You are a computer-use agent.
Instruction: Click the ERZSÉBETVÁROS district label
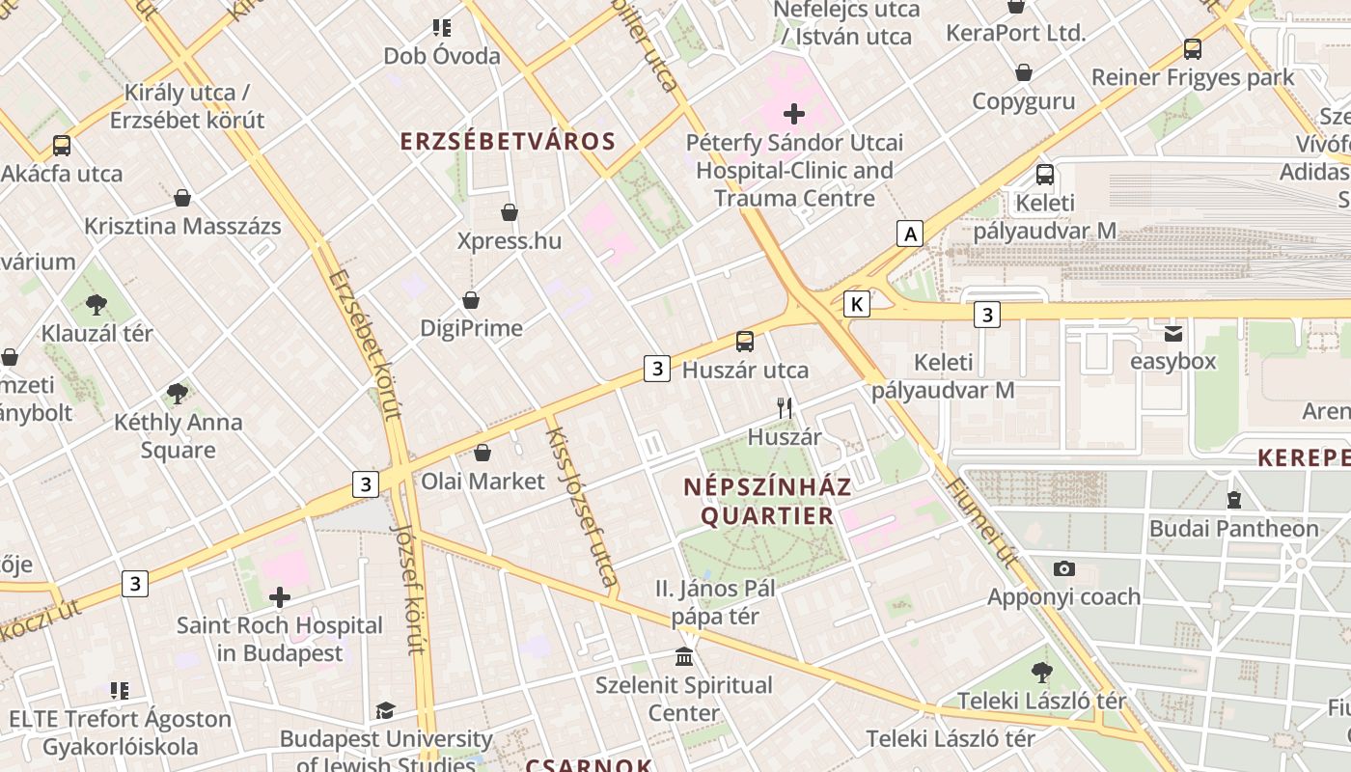[x=508, y=141]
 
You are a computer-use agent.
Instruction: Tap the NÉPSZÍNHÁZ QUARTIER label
[x=767, y=500]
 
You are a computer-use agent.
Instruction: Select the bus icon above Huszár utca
[x=745, y=341]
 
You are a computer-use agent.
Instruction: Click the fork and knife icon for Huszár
[x=785, y=408]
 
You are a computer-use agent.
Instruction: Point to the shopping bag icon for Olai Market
[x=482, y=452]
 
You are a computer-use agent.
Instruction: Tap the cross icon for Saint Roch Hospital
[x=280, y=597]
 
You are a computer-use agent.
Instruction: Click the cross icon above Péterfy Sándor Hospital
[x=794, y=114]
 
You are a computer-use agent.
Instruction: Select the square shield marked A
[x=909, y=233]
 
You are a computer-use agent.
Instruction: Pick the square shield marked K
[x=856, y=304]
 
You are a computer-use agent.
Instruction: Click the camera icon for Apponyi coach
[x=1063, y=568]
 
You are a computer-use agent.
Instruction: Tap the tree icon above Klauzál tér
[x=96, y=305]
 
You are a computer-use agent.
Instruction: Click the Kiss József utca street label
[x=581, y=507]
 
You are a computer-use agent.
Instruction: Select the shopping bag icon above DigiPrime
[x=471, y=300]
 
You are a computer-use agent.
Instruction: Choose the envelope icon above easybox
[x=1173, y=334]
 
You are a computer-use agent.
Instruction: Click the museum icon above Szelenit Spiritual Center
[x=684, y=657]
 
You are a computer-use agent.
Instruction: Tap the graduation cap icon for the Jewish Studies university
[x=385, y=711]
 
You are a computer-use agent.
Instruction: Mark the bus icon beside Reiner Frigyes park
[x=1193, y=48]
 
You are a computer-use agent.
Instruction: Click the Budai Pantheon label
[x=1233, y=528]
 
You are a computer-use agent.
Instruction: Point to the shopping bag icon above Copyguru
[x=1024, y=72]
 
